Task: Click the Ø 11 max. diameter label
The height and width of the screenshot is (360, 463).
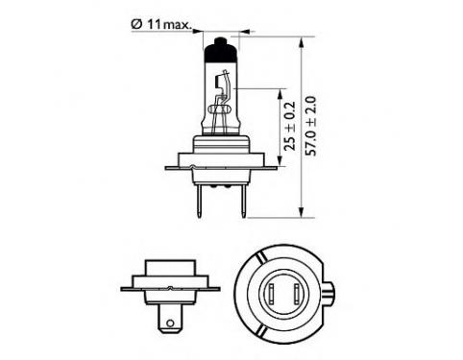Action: [160, 25]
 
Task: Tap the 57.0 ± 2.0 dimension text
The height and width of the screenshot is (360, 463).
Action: [310, 126]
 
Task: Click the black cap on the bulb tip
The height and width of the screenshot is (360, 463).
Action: [221, 50]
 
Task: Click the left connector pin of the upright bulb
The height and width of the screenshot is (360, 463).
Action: [200, 202]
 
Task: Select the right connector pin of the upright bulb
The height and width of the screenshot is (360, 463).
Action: [244, 202]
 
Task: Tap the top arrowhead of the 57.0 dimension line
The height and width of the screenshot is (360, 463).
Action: [301, 43]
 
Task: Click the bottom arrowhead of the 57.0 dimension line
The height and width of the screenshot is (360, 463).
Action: [301, 212]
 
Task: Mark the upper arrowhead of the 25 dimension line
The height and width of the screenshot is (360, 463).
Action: [280, 94]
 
